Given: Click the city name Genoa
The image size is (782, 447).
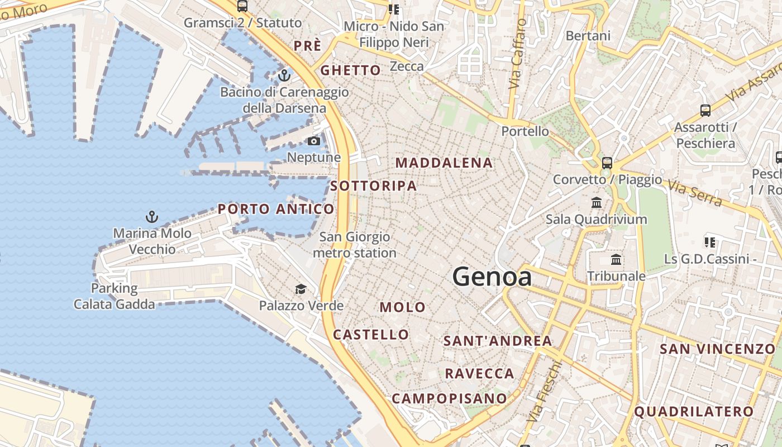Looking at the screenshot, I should point(492,277).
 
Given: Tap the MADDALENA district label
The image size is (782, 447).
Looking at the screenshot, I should point(444,163).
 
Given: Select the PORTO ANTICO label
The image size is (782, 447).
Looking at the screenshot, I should point(276,209).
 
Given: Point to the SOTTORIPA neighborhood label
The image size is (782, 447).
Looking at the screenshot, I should point(374,186).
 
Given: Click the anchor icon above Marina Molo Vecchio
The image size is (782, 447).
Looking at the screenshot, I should point(151,217).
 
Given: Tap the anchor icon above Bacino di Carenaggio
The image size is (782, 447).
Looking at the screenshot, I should point(285,75).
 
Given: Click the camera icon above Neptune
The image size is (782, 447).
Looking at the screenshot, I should point(314,141).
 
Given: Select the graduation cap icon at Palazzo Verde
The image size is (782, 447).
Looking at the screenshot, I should point(301,289).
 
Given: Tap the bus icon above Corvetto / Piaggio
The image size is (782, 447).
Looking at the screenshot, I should point(607,163).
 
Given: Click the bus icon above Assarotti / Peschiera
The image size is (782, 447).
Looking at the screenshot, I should point(705,111).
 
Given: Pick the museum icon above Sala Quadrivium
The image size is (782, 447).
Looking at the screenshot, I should point(597,202).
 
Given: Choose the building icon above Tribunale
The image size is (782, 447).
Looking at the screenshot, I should point(616,260).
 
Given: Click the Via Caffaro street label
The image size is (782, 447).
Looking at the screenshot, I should point(518,54).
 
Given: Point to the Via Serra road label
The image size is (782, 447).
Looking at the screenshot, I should point(695,193).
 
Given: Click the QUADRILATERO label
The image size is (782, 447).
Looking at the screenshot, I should point(694,412).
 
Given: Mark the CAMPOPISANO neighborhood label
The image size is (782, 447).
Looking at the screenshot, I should point(449,398).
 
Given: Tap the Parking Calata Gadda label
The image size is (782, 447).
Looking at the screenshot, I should point(114,296).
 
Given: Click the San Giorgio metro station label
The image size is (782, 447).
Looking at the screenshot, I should point(355,245).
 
